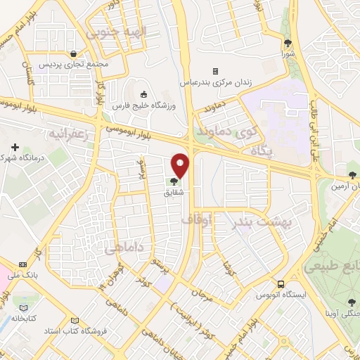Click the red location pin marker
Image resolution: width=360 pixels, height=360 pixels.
pos(181,165)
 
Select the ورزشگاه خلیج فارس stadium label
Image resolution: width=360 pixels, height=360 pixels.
pos(143,105)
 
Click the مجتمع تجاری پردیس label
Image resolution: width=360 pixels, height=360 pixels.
pos(75,64)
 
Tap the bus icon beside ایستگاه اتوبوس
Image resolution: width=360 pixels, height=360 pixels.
pos(281,285)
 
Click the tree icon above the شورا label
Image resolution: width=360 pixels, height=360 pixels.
pos(286,42)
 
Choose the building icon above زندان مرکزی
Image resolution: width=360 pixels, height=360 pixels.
pos(215,71)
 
